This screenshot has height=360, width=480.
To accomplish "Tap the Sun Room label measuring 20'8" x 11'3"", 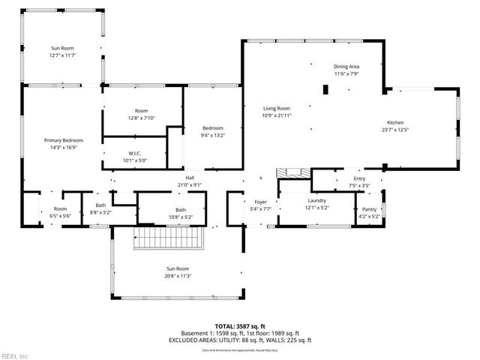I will [x=177, y=271].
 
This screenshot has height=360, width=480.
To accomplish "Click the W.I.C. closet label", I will [x=136, y=156].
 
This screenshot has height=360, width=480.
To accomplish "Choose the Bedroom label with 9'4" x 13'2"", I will [x=212, y=131].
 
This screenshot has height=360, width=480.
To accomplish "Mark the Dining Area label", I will [x=346, y=70].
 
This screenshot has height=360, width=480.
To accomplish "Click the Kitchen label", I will [x=395, y=126].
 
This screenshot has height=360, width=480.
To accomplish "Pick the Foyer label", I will [x=260, y=205].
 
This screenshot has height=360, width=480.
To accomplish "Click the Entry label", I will [x=359, y=181].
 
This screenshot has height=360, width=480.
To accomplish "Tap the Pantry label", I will [x=369, y=213].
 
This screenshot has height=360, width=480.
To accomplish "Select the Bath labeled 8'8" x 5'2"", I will [x=100, y=209].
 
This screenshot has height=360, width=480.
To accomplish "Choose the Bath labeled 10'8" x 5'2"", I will [x=181, y=213].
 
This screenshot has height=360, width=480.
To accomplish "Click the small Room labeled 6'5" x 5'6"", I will [x=60, y=212].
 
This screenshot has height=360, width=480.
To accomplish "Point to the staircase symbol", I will [x=169, y=240].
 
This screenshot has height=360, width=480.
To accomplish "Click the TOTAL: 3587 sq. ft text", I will [x=241, y=325].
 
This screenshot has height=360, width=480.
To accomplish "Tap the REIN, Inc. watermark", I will [x=15, y=355].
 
